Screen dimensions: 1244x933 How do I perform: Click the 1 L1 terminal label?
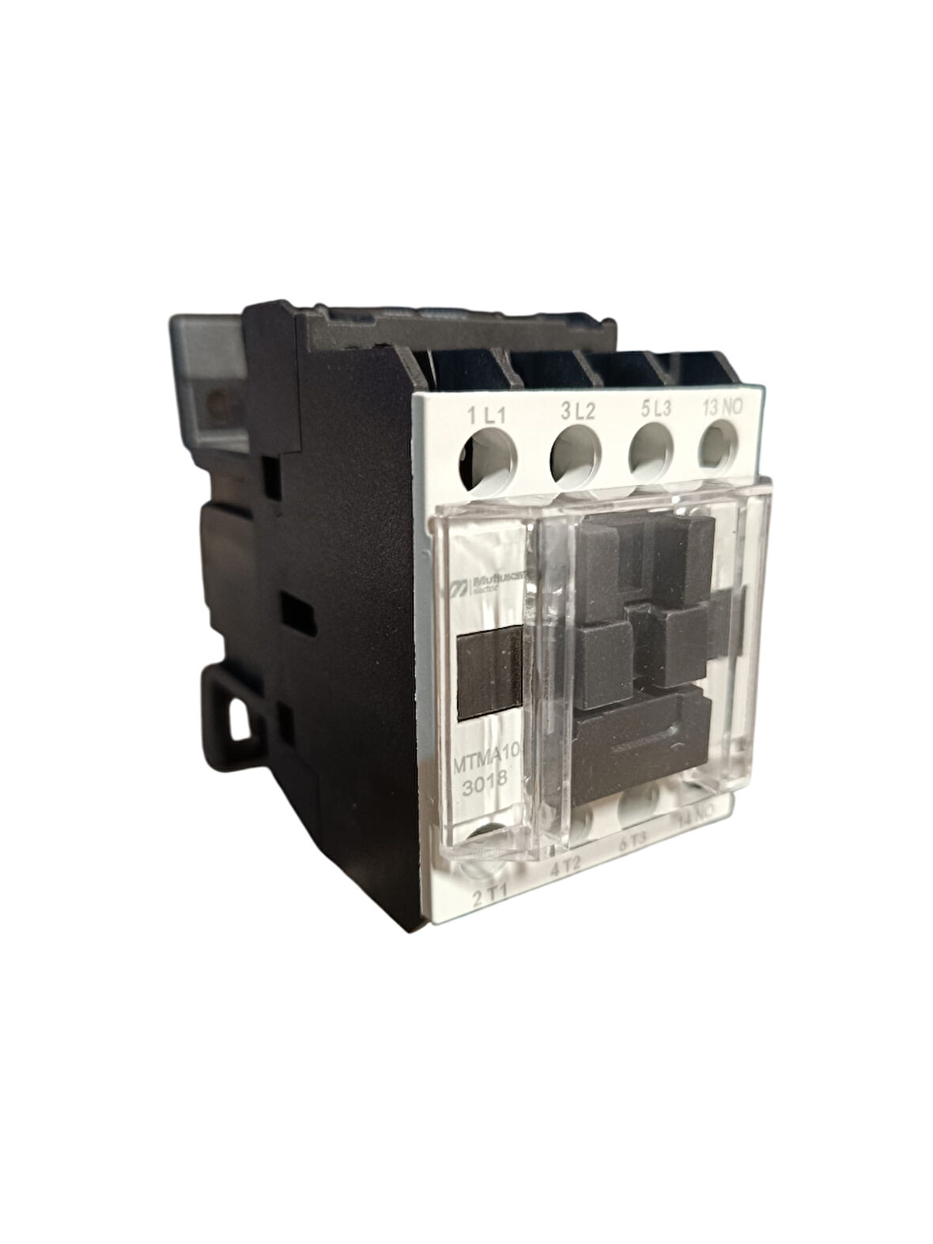tap(487, 414)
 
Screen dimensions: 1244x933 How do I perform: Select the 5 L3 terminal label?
tap(655, 410)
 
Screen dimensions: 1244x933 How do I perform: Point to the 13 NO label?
tap(723, 409)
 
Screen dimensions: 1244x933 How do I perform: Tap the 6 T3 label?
tap(633, 843)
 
